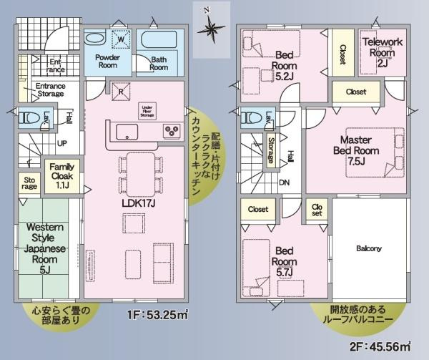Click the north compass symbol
click(x=210, y=28)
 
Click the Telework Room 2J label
click(x=384, y=52)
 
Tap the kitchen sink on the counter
click(x=127, y=132)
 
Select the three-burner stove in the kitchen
click(x=172, y=131)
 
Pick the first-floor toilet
click(x=29, y=117)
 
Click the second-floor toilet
click(x=251, y=118)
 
